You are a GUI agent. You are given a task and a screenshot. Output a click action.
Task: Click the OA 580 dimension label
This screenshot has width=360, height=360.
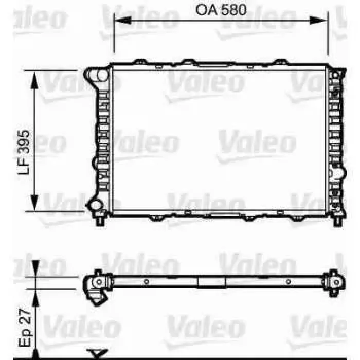[221, 10]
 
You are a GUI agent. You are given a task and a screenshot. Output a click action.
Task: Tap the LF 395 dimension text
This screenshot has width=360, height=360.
[24, 152]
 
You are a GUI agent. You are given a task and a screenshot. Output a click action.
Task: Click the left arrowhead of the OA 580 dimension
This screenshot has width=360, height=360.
[122, 20]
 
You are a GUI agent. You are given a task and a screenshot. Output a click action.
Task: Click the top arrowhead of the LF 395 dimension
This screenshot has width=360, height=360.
[34, 80]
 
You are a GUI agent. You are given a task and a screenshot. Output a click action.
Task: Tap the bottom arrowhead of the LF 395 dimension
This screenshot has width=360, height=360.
[34, 202]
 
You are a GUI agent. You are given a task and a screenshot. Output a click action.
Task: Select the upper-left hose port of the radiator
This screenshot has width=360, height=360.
[97, 75]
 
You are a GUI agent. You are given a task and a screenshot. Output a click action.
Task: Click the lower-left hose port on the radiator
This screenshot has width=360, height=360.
[95, 205]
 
